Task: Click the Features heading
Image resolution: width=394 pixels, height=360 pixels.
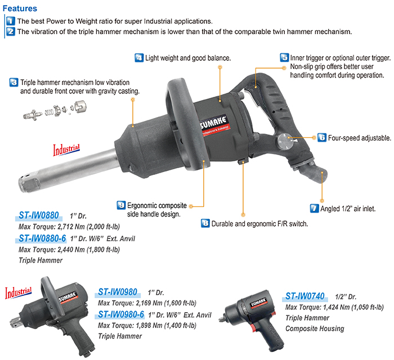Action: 20,8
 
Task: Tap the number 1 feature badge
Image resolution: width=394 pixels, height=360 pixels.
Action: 10,21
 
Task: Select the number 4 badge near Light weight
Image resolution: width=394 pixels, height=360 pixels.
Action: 138,58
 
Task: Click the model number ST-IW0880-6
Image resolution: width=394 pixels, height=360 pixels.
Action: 43,238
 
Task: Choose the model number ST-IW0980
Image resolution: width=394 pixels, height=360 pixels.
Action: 118,292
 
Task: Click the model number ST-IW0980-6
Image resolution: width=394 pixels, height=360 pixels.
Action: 121,314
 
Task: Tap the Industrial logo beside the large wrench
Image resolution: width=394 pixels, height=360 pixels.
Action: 66,149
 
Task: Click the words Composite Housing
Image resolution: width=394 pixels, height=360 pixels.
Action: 314,328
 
